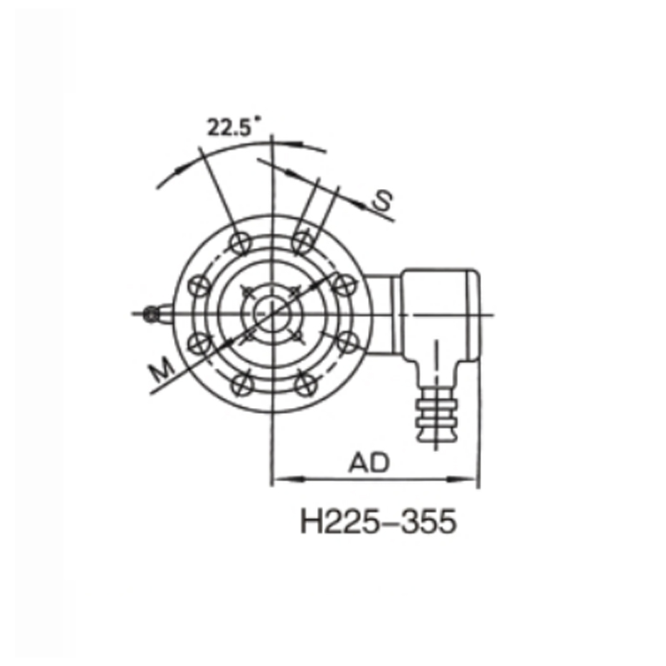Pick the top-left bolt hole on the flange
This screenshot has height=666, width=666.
point(241,242)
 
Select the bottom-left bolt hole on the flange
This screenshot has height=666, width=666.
point(241,383)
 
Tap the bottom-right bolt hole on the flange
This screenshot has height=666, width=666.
point(302,383)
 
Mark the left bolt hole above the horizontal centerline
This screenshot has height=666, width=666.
point(199,284)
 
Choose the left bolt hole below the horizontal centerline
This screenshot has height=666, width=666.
point(199,341)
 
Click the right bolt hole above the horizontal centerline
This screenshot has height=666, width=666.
point(342,284)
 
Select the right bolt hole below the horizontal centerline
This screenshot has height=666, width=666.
point(345,341)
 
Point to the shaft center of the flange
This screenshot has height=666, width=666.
point(271,313)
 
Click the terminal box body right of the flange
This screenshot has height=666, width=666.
point(437,312)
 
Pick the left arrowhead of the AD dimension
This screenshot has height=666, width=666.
point(281,479)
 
